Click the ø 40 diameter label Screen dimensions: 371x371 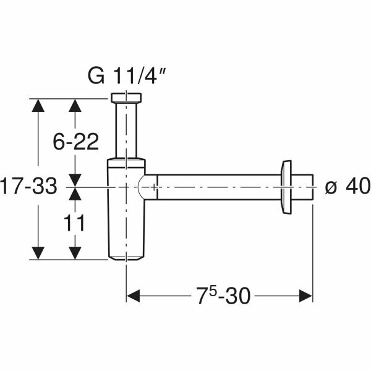click(346, 185)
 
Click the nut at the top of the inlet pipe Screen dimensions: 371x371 click(127, 98)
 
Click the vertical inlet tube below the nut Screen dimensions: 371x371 click(127, 130)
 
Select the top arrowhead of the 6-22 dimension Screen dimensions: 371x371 click(75, 105)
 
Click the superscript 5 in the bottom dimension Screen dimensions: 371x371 click(211, 291)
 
